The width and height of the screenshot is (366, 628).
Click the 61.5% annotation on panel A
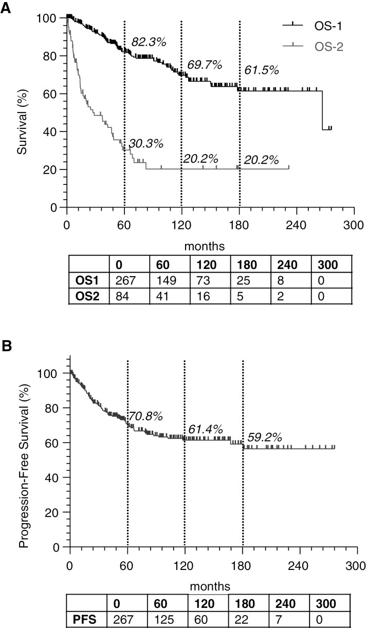pyautogui.click(x=262, y=71)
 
